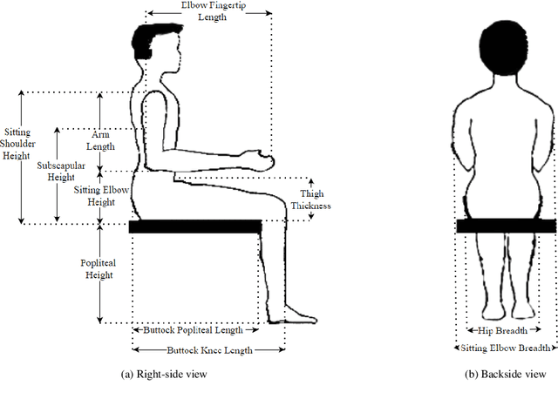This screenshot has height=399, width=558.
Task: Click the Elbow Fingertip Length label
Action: (209, 10)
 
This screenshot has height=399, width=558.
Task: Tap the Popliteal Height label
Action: (100, 268)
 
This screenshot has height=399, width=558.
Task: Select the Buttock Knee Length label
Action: (209, 350)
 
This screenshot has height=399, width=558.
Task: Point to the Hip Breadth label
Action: (506, 330)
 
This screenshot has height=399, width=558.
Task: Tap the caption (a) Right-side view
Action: (165, 374)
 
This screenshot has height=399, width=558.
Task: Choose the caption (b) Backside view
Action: (505, 374)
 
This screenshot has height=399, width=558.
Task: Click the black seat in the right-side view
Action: (195, 227)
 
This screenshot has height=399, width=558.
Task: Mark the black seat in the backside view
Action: (506, 226)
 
